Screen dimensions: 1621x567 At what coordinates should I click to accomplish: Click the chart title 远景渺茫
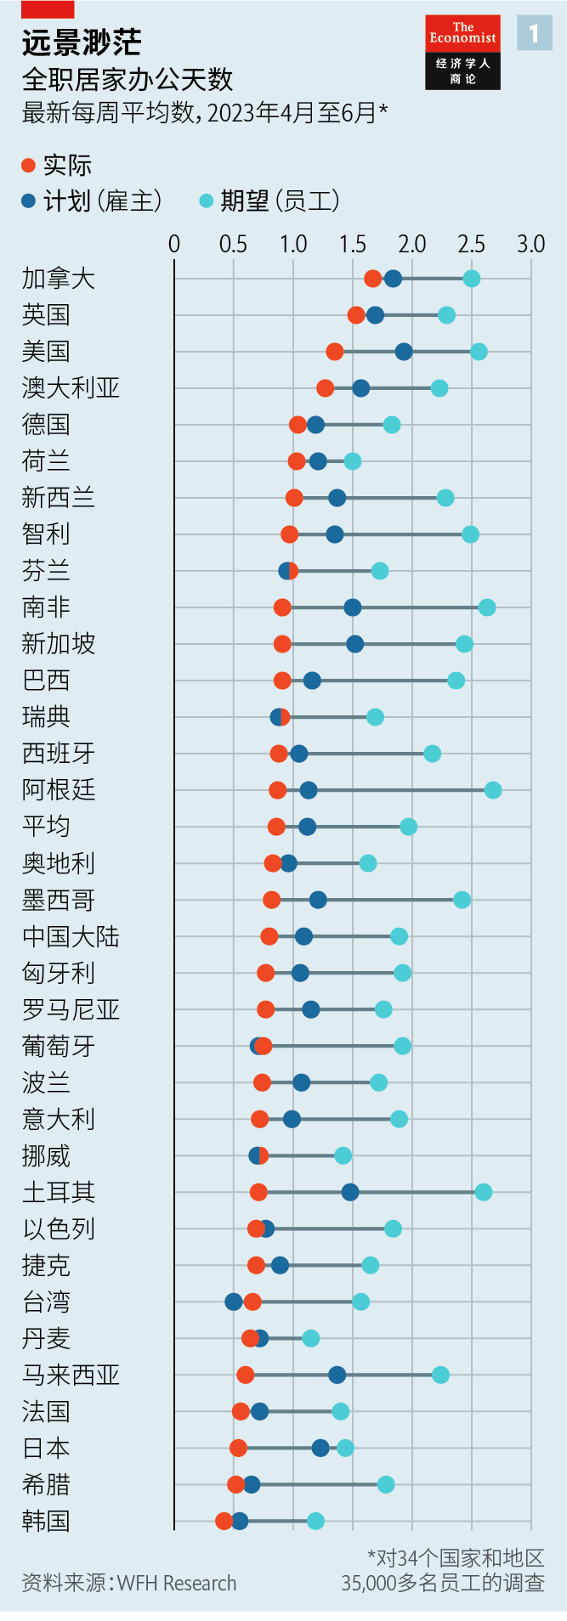click(x=82, y=42)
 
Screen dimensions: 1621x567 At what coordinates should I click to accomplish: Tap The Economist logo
click(x=462, y=52)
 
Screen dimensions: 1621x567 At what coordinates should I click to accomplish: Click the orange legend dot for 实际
click(x=29, y=165)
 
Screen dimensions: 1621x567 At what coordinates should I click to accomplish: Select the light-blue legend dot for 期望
click(x=206, y=201)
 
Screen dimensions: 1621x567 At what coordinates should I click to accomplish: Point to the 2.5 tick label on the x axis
click(x=471, y=245)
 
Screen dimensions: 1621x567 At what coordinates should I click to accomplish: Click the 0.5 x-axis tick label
click(x=233, y=245)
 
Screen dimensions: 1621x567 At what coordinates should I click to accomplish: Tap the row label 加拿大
click(x=58, y=279)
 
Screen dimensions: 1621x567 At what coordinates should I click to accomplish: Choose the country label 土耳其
click(x=58, y=1192)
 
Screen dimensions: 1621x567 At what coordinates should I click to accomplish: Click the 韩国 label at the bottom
click(x=46, y=1521)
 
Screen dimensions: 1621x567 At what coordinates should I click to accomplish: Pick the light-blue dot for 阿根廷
click(x=492, y=790)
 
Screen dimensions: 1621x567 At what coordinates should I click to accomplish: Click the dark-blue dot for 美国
click(x=404, y=352)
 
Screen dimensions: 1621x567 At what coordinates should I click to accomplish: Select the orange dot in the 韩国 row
click(x=224, y=1521)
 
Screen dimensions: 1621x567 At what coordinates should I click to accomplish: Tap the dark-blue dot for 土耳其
click(x=349, y=1192)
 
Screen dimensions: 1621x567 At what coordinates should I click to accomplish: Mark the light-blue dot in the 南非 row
click(x=486, y=607)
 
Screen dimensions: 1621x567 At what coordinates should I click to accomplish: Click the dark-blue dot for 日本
click(x=320, y=1448)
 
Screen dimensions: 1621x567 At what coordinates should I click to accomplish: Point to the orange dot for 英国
click(x=356, y=315)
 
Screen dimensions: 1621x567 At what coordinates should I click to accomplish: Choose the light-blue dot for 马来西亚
click(x=440, y=1375)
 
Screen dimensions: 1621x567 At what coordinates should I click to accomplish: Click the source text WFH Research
click(x=177, y=1583)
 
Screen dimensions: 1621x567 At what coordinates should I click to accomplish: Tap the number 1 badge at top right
click(x=534, y=33)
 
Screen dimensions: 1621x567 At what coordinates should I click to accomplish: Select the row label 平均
click(x=46, y=827)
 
